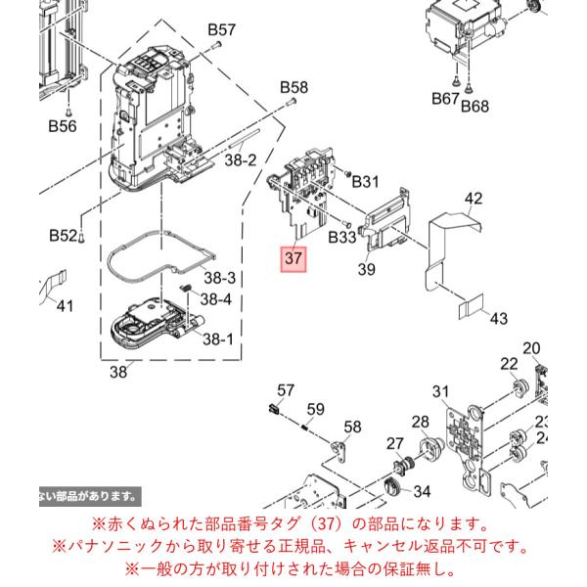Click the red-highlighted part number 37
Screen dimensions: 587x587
(293, 259)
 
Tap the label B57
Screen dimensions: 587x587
(222, 29)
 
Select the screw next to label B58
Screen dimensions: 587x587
(291, 101)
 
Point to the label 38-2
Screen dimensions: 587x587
(241, 159)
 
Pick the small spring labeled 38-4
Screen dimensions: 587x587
(186, 289)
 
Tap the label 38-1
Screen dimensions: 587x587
(218, 339)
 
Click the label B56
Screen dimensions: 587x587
(63, 126)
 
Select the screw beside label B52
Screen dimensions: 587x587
(81, 237)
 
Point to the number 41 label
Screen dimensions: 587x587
(65, 306)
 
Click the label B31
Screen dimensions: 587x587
(365, 182)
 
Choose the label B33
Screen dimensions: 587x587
(341, 238)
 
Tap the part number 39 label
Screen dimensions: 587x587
(366, 269)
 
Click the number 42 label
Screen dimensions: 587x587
(474, 199)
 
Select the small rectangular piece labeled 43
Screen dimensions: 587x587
(471, 306)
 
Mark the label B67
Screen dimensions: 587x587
(445, 99)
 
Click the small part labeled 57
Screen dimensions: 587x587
(274, 408)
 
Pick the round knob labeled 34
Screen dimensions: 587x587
(392, 488)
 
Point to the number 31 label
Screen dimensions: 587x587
(440, 391)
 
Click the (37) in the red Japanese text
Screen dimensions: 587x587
(326, 524)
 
